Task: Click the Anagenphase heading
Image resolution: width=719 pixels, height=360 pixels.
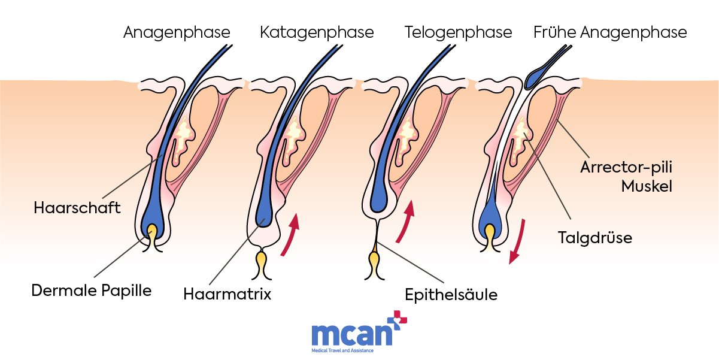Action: [177, 33]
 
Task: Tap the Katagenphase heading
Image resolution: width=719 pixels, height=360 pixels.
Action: [317, 33]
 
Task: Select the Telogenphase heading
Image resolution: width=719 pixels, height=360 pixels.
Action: [458, 33]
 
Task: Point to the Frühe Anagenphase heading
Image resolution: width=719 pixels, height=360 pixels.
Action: [610, 33]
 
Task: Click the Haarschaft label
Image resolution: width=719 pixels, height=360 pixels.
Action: [77, 208]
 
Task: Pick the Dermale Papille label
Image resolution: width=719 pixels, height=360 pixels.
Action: [92, 291]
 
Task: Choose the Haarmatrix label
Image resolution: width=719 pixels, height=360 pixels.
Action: [227, 294]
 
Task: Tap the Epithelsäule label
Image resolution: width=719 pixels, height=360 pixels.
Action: [451, 295]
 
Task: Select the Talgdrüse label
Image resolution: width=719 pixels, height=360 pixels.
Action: [595, 238]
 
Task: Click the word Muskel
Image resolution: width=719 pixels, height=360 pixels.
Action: [647, 186]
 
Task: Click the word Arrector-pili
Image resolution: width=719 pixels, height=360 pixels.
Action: [626, 167]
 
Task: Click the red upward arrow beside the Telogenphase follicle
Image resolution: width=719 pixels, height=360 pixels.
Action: [406, 221]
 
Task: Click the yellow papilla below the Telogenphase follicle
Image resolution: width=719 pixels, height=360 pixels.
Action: [374, 262]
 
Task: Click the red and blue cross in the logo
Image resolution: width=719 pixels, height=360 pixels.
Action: [398, 320]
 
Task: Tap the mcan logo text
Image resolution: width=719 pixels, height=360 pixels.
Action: [352, 335]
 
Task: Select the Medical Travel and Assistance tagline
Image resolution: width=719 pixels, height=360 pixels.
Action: [342, 350]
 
